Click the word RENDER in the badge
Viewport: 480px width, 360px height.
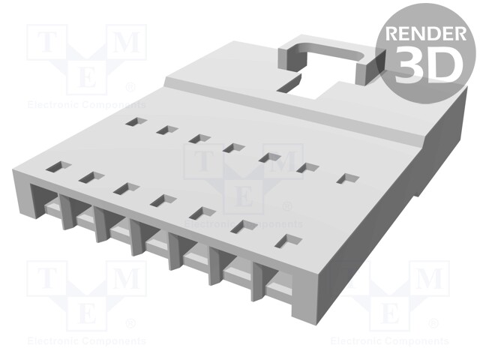(x=424, y=34)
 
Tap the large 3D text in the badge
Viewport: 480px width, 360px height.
(x=424, y=65)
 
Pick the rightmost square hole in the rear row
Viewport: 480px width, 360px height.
(x=348, y=178)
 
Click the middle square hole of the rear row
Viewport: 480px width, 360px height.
(x=235, y=148)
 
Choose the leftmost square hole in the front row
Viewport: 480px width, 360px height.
(x=55, y=166)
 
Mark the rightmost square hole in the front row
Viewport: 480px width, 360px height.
(x=289, y=241)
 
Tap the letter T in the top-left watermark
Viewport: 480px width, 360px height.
(x=45, y=42)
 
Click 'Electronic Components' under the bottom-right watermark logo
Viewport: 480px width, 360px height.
(x=390, y=341)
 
